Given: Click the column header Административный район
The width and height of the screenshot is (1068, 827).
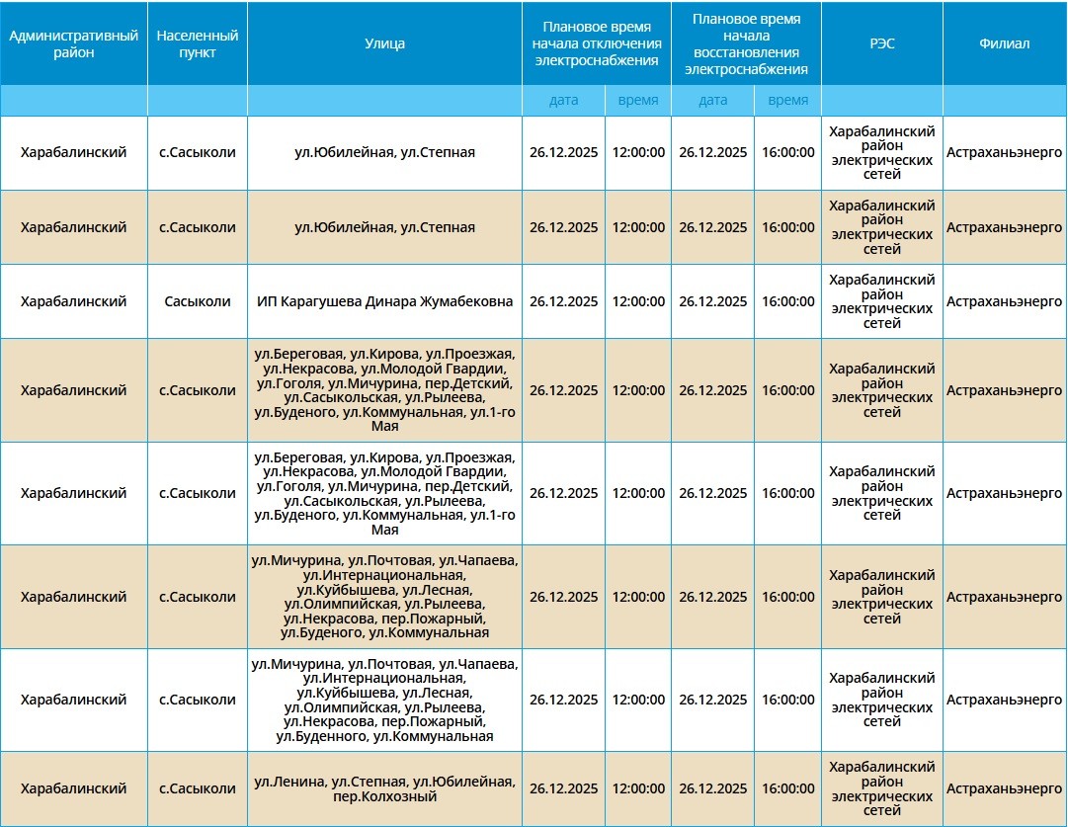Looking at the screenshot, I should [73, 43].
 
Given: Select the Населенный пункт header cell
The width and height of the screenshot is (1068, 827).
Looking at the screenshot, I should [198, 43].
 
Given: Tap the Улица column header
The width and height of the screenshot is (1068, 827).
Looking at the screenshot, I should [384, 43].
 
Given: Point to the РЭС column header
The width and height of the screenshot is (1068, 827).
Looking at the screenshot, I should [881, 43].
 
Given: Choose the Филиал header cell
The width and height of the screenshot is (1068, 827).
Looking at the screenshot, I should [1004, 43].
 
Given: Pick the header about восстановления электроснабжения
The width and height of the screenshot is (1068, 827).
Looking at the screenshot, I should [746, 43].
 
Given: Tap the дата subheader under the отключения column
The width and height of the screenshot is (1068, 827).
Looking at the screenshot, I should [563, 100].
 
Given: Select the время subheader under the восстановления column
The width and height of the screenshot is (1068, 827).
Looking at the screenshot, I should [787, 100].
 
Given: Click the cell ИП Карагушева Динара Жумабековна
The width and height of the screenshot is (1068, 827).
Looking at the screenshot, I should [384, 301].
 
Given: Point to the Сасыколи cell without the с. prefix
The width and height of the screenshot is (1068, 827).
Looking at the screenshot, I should [198, 301].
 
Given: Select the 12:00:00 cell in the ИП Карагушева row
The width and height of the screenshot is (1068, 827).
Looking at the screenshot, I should [638, 301].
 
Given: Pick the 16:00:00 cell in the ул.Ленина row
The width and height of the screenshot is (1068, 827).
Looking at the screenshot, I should [787, 788].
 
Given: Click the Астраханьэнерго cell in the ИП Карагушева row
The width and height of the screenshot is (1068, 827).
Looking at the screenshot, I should [1004, 301].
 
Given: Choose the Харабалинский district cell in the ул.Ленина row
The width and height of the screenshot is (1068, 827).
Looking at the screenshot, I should [73, 788].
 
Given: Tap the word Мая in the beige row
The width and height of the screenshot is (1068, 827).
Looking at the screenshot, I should [384, 427].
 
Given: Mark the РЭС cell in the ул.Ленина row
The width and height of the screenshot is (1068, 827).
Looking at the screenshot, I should [881, 788].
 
